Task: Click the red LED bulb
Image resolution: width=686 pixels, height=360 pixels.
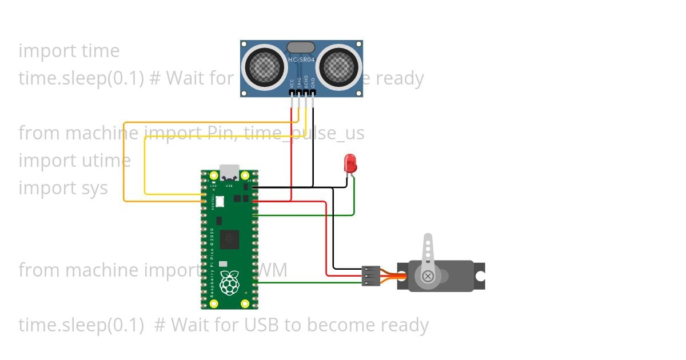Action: click(350, 164)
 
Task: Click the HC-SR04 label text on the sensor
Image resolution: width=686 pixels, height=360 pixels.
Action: click(301, 60)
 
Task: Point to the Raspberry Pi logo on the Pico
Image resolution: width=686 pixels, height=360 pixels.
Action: click(229, 283)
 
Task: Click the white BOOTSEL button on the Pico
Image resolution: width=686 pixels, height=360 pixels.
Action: click(219, 202)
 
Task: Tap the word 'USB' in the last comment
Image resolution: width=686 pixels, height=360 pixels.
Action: click(262, 325)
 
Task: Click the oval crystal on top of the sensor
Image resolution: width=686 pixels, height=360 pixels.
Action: click(301, 47)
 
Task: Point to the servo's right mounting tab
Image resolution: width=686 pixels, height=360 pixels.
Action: click(480, 276)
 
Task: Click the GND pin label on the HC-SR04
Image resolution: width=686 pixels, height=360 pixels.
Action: click(313, 82)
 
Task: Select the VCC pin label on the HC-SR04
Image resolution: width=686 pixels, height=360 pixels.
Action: click(292, 83)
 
